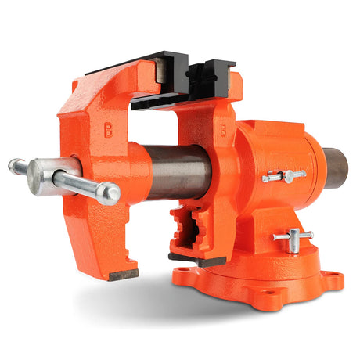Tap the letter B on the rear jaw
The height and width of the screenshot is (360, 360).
pyautogui.click(x=224, y=130)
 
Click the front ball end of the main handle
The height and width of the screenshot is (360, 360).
pyautogui.click(x=110, y=193)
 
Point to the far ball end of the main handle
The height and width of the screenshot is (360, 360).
pyautogui.click(x=16, y=167)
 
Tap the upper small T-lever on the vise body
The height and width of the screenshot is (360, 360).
pyautogui.click(x=283, y=176)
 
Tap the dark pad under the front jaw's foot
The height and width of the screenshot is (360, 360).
pyautogui.click(x=123, y=275)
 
